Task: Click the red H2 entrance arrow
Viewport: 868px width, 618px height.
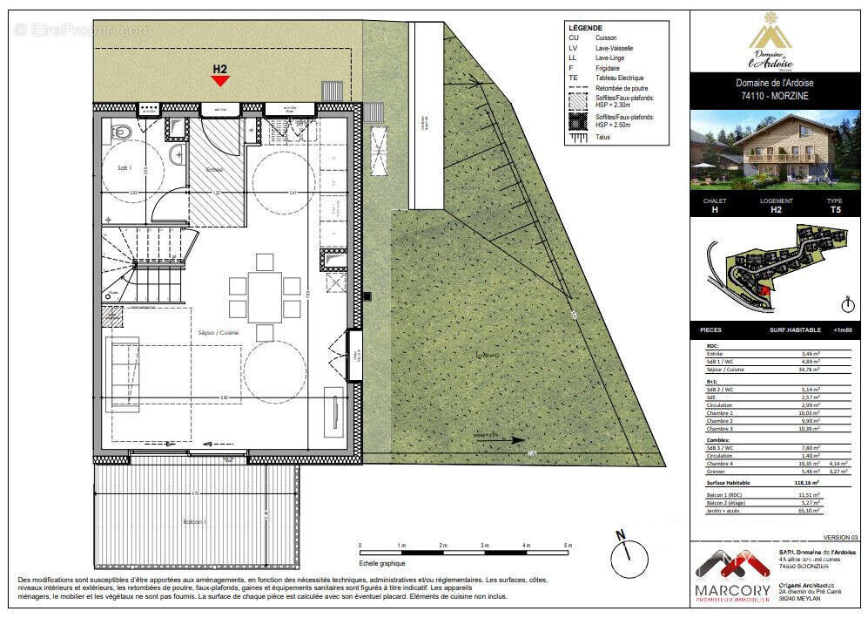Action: pos(220,80)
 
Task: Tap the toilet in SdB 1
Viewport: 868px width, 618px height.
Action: pos(122,132)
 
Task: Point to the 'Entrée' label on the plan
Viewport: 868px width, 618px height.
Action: pos(213,169)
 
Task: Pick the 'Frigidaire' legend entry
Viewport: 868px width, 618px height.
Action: pos(608,67)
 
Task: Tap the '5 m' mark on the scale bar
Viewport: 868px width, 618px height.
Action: pos(568,546)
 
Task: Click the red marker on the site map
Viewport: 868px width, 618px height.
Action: pos(764,292)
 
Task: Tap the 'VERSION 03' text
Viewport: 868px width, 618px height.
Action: pos(840,537)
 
